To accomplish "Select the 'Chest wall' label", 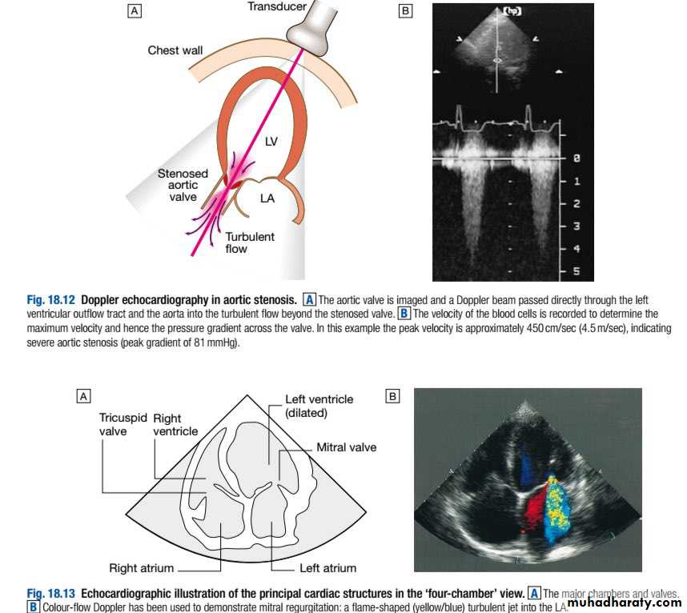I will (x=175, y=50).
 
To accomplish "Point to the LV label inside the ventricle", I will (x=271, y=142).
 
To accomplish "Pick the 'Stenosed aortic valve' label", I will (x=183, y=185).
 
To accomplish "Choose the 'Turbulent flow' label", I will (x=249, y=242).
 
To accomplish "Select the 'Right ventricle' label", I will (x=175, y=424).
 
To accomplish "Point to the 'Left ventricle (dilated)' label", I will (x=319, y=405).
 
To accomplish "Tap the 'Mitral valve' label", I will (x=346, y=447).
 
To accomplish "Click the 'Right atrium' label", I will (x=141, y=568).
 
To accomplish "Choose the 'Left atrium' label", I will (x=327, y=568).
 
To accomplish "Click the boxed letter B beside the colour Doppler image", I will (x=392, y=395).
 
